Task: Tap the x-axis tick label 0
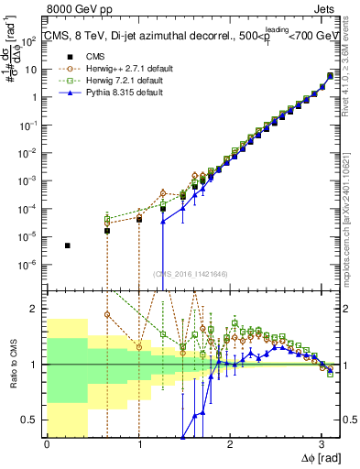tap(47, 446)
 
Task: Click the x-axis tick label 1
tap(138, 446)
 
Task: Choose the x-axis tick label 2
tap(230, 446)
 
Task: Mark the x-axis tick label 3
tap(322, 446)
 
